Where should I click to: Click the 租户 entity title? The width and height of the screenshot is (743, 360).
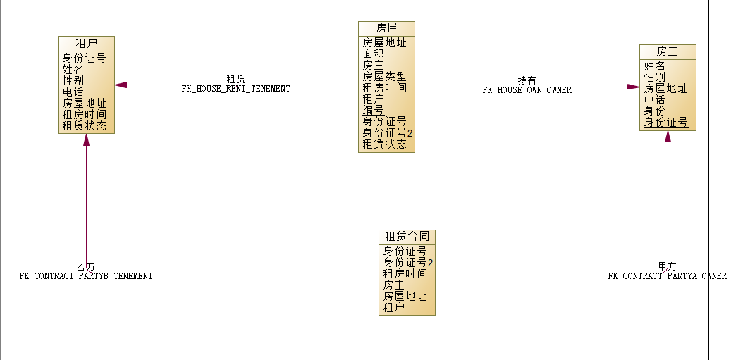click(x=86, y=43)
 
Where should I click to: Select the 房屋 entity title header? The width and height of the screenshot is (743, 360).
click(x=386, y=28)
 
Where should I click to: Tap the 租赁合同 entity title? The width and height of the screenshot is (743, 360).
click(x=407, y=236)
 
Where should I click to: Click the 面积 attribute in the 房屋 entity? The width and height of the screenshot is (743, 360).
click(x=373, y=54)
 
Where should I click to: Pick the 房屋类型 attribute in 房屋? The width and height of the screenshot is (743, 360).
click(x=384, y=76)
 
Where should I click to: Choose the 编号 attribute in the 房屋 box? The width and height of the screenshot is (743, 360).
click(x=373, y=110)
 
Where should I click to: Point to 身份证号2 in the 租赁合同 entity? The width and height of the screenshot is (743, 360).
click(x=407, y=262)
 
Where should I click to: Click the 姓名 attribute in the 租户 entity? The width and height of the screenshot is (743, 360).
click(x=73, y=70)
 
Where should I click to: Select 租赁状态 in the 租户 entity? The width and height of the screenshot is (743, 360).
click(x=84, y=126)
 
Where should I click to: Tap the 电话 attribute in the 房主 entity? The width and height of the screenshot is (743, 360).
click(x=654, y=100)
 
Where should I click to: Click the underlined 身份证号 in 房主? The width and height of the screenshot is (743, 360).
click(x=665, y=123)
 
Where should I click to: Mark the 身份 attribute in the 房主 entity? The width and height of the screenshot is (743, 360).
click(x=654, y=111)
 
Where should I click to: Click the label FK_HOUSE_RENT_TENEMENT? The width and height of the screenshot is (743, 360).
click(x=235, y=89)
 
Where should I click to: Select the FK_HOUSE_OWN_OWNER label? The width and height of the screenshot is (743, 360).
click(x=527, y=90)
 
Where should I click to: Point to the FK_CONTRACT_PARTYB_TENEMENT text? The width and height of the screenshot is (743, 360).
click(x=85, y=276)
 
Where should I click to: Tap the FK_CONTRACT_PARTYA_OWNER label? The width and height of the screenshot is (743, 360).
click(x=667, y=276)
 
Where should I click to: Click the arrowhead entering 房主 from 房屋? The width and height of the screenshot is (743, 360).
click(x=633, y=87)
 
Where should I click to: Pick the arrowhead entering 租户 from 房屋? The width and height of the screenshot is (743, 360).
click(x=121, y=85)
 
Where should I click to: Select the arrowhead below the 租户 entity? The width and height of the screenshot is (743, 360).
click(x=86, y=139)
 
